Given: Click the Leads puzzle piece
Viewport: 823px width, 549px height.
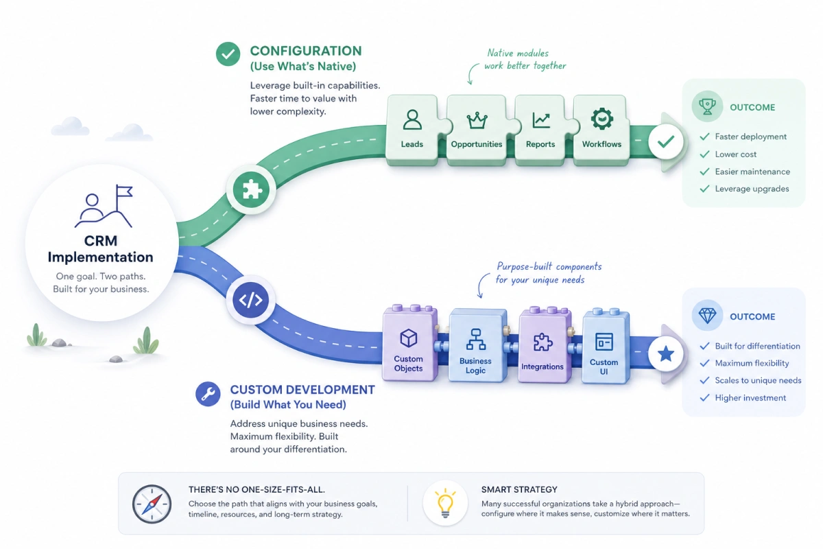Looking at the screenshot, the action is [413, 130].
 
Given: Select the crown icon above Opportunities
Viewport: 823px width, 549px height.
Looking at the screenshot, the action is [477, 120].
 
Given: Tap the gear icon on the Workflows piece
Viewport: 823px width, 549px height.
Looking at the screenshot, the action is [602, 119].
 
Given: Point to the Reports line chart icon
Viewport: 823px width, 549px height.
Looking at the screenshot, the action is [541, 120].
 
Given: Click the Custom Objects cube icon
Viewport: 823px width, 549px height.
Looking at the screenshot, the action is [409, 338].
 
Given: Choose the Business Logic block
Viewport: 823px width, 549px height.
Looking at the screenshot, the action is [477, 345].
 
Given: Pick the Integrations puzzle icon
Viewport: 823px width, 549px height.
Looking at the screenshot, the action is [542, 342].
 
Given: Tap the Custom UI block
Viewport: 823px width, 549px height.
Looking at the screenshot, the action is [606, 347].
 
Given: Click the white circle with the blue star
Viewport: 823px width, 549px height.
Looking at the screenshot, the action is [665, 354].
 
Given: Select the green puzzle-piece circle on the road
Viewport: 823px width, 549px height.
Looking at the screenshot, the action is [251, 190].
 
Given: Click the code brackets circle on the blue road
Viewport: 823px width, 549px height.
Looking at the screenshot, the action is [250, 300].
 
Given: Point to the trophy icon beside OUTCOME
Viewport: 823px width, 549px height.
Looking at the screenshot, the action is [707, 106].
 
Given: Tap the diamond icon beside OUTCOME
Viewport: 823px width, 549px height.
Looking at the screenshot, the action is [707, 316].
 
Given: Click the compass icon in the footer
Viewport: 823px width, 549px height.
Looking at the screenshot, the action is [152, 504].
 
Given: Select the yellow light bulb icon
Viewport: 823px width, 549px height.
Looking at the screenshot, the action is [445, 502].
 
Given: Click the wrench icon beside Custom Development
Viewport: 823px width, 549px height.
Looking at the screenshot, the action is [208, 394].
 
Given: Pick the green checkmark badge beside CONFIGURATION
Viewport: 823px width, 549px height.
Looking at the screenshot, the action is [228, 54].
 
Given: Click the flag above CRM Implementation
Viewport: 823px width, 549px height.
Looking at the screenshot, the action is [124, 191].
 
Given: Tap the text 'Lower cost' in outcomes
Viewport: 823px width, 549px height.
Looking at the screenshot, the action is [735, 154].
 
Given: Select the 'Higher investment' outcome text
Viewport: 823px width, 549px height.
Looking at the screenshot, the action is [750, 398].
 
